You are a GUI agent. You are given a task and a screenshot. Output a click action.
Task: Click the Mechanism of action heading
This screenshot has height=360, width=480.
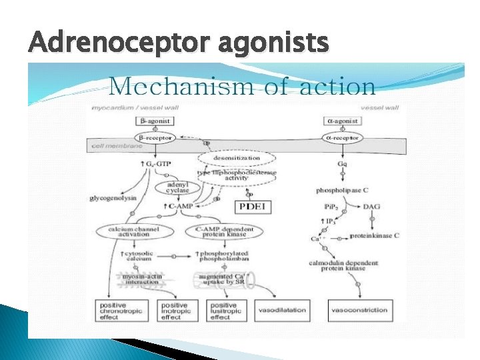[242, 86]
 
